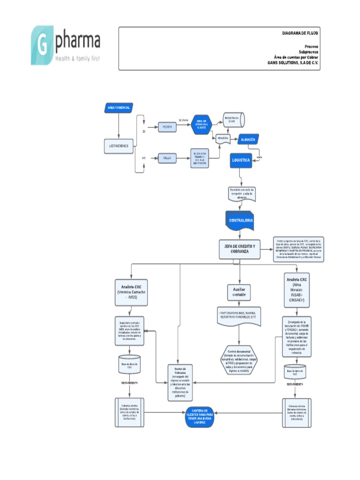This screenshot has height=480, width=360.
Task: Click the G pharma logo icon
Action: point(42,45)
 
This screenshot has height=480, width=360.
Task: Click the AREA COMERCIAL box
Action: point(119,108)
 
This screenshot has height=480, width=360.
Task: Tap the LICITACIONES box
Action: point(119,146)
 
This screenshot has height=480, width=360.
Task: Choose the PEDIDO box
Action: point(167,127)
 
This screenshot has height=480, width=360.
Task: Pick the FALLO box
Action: point(167,158)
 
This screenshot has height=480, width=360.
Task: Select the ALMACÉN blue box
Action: point(247,140)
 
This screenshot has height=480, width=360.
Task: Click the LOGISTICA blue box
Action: point(241,160)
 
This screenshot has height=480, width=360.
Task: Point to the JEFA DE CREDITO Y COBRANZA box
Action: point(240,249)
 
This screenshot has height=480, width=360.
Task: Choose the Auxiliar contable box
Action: point(239,292)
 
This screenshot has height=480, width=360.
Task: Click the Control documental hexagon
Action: point(239,360)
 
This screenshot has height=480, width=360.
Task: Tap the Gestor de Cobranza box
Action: point(177,382)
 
